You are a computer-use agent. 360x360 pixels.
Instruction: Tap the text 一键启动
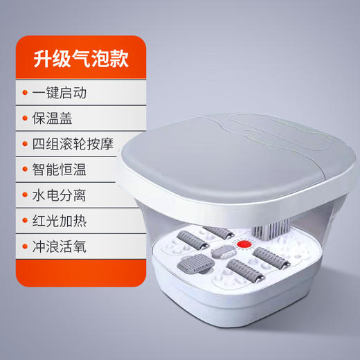(x=62, y=92)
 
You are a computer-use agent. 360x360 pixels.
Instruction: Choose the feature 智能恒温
(x=63, y=171)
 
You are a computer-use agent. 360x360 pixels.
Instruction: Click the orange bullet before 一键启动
(x=26, y=92)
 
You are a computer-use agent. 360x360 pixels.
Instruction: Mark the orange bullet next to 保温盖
(x=26, y=118)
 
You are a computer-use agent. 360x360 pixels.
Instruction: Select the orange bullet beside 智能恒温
(x=26, y=171)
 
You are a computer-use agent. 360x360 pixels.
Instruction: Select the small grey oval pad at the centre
(x=223, y=251)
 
